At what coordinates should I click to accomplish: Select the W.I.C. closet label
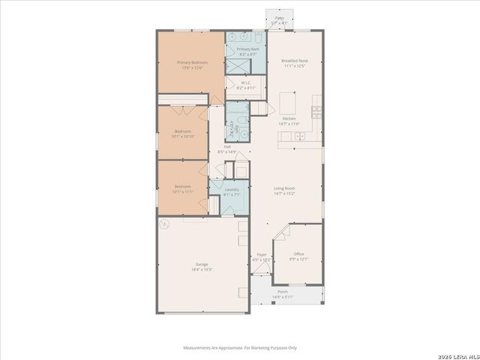[247, 85]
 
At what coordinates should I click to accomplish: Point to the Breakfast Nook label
[295, 63]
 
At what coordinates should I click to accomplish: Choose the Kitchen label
[289, 121]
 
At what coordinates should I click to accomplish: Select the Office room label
[298, 256]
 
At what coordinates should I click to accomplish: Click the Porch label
[283, 293]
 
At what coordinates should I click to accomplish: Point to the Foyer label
[262, 257]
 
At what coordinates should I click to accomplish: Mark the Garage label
[202, 266]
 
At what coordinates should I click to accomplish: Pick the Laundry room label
[232, 192]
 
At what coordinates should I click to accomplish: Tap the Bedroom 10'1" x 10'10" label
[183, 133]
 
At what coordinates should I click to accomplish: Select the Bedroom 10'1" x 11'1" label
[183, 188]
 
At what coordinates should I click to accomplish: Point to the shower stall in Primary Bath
[238, 65]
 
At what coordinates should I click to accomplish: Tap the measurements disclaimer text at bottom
[240, 347]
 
